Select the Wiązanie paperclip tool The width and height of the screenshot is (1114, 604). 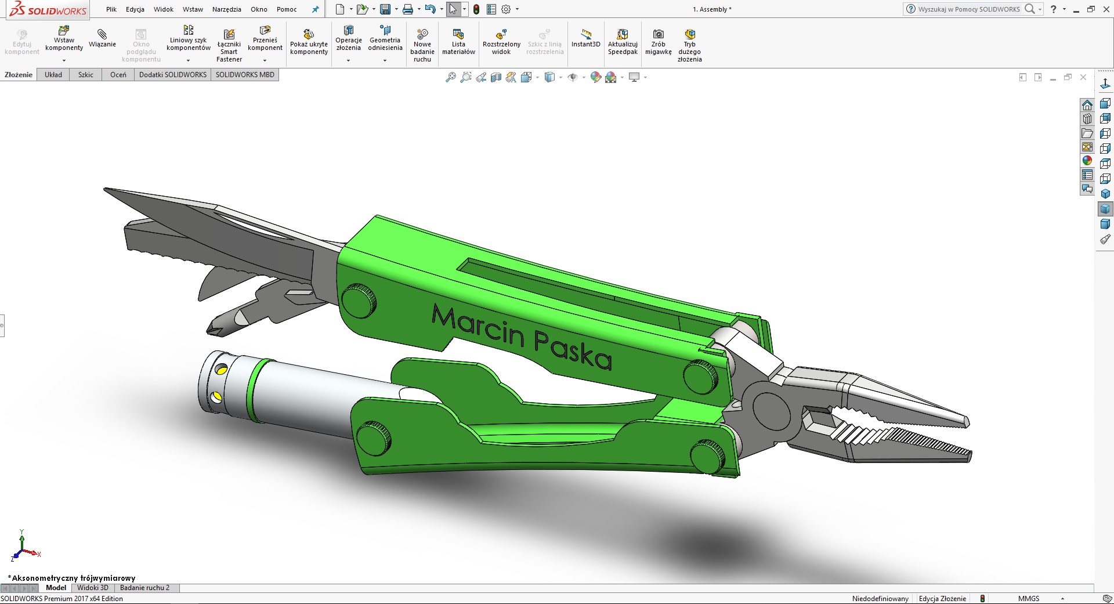coord(102,38)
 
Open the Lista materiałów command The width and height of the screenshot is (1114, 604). coord(458,42)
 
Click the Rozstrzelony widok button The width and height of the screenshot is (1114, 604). coord(501,42)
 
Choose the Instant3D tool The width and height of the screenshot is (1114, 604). coord(585,38)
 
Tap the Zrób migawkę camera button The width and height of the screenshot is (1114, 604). coord(658,42)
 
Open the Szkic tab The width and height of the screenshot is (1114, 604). coord(86,75)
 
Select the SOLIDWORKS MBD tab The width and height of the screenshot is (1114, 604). coord(245,75)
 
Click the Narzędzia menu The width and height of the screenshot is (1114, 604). coord(227,9)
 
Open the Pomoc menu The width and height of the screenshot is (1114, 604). coord(287,9)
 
